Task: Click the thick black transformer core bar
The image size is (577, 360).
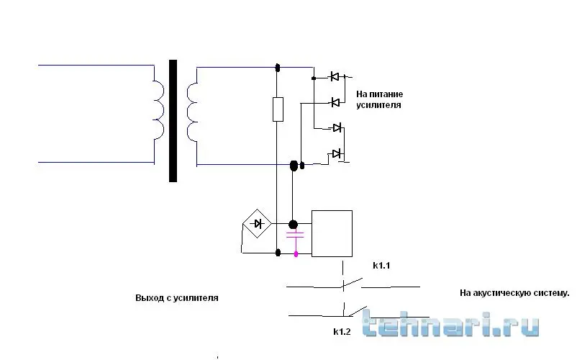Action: pyautogui.click(x=173, y=121)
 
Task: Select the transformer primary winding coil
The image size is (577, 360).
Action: pyautogui.click(x=159, y=109)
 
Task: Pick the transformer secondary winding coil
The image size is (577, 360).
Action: pyautogui.click(x=192, y=112)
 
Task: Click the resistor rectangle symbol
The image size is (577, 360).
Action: pyautogui.click(x=278, y=109)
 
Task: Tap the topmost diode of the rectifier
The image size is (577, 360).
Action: pyautogui.click(x=335, y=76)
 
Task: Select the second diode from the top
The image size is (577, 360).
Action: pyautogui.click(x=335, y=102)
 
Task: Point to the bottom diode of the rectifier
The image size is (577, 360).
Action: pyautogui.click(x=336, y=153)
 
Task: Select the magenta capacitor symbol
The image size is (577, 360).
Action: pyautogui.click(x=296, y=235)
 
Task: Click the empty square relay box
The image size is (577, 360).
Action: pyautogui.click(x=332, y=233)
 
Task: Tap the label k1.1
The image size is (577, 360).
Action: pyautogui.click(x=381, y=266)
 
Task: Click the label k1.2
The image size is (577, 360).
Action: pyautogui.click(x=342, y=332)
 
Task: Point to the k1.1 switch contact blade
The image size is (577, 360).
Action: pyautogui.click(x=352, y=282)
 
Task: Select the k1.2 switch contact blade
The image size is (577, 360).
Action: pyautogui.click(x=358, y=311)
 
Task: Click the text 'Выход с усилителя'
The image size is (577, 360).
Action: pyautogui.click(x=177, y=298)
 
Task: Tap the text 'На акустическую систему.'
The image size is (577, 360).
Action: pyautogui.click(x=514, y=293)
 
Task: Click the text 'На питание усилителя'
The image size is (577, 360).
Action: pyautogui.click(x=379, y=99)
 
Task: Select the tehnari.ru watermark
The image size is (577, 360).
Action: pyautogui.click(x=450, y=324)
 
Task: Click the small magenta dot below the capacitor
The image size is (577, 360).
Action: pyautogui.click(x=296, y=254)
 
